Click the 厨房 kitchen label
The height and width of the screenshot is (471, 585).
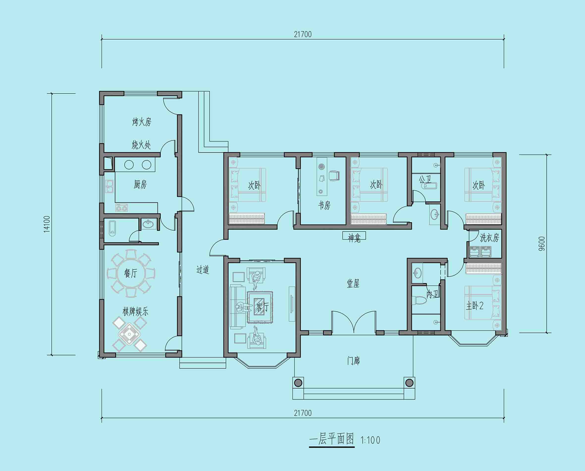pos(140,184)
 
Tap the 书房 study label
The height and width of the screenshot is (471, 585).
pos(324,205)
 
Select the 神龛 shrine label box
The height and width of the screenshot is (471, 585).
pos(354,236)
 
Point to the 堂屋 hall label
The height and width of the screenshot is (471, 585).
pos(353,284)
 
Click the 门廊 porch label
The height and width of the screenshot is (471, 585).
pos(353,361)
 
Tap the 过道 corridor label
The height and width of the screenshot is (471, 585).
pos(202,270)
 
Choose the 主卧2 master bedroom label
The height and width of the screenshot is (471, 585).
pos(475,306)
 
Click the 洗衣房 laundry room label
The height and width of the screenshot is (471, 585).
pos(489,238)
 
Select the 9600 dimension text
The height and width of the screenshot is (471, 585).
pos(541,244)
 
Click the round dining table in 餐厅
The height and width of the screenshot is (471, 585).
pos(131,273)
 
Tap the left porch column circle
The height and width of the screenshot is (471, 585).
pos(298,383)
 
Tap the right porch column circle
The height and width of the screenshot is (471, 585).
pos(409,383)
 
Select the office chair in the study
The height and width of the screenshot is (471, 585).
pos(334,175)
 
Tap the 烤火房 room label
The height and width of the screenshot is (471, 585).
pos(141,122)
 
